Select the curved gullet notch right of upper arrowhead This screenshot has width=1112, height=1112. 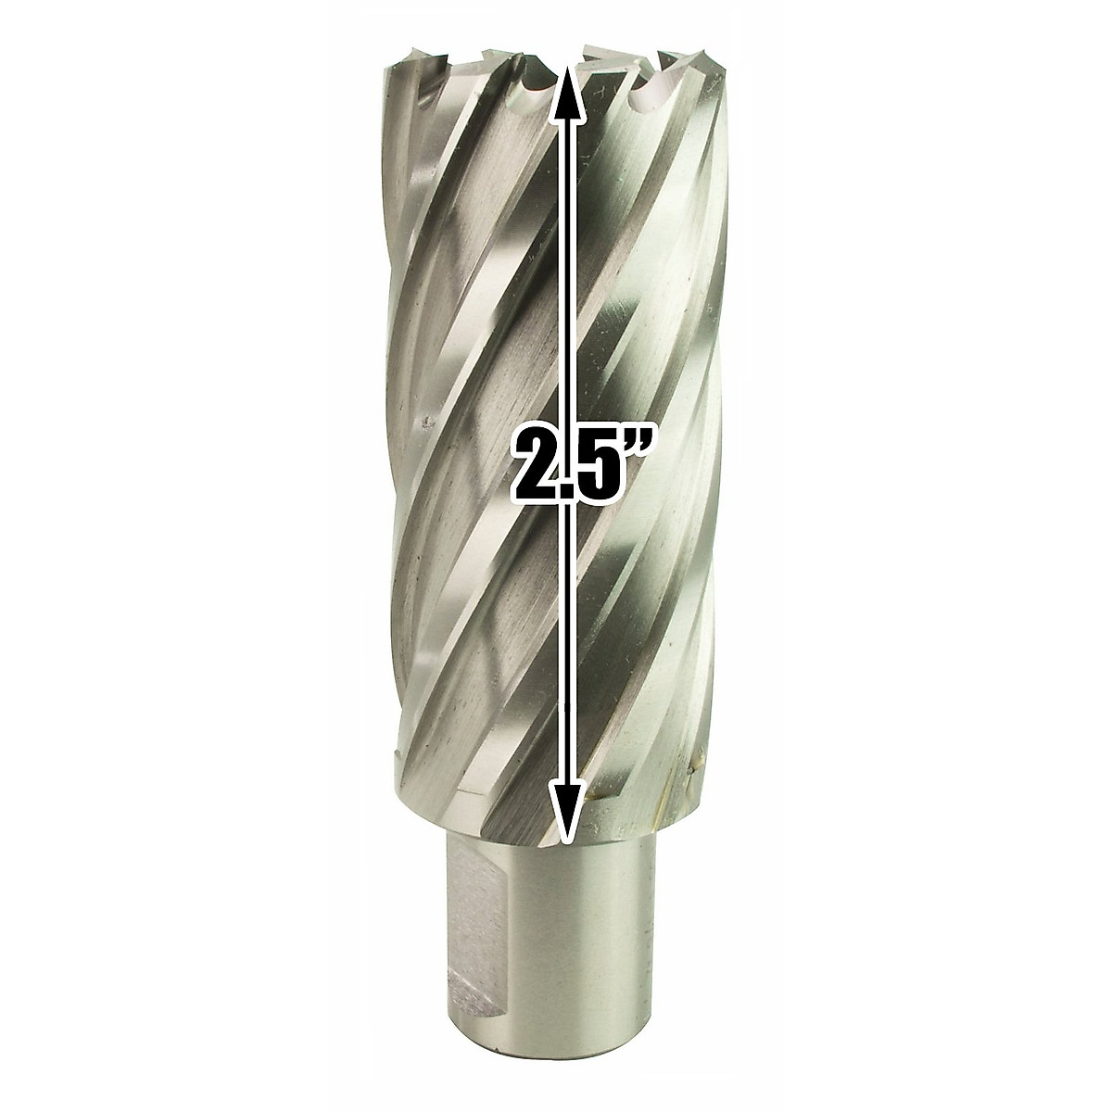[x=638, y=96]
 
